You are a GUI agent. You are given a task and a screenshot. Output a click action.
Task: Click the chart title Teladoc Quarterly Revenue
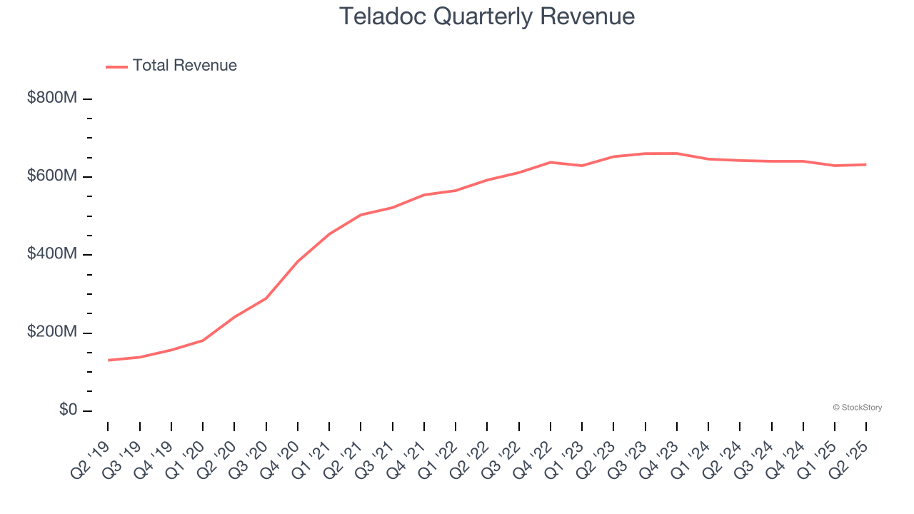point(486,16)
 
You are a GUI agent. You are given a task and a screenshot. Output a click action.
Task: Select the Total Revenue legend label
point(184,66)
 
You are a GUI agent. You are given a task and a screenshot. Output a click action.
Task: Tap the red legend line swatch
point(116,66)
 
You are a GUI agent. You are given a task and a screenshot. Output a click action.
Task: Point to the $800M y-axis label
point(51,98)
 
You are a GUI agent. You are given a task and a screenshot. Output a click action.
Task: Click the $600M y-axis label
point(51,176)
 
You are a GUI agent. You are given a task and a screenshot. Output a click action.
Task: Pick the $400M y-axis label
point(51,254)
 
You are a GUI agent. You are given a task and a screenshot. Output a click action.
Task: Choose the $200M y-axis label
point(51,333)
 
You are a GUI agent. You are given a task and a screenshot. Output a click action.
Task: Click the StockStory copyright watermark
point(857,408)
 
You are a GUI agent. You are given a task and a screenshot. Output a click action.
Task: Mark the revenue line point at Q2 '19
point(109,360)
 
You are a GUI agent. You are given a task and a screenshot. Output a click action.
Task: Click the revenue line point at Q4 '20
point(298,261)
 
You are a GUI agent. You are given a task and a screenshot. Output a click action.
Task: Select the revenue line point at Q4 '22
point(551,162)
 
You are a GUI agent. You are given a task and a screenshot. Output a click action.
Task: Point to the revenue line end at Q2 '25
point(866,164)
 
